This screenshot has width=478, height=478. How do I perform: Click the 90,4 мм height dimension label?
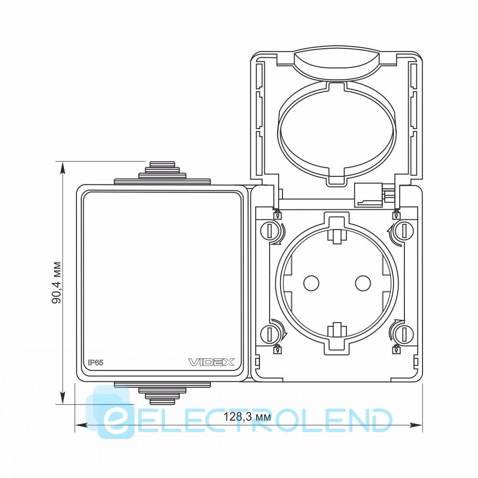56,282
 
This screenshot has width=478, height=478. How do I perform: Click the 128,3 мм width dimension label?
247,416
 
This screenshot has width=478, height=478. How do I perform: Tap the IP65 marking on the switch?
96,362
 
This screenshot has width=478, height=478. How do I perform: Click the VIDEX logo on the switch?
211,362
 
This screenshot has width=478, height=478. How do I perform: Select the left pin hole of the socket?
311,283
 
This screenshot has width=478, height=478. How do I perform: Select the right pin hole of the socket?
363,283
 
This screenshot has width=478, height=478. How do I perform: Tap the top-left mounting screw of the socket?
270,231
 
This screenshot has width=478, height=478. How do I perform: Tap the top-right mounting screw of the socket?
404,231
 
